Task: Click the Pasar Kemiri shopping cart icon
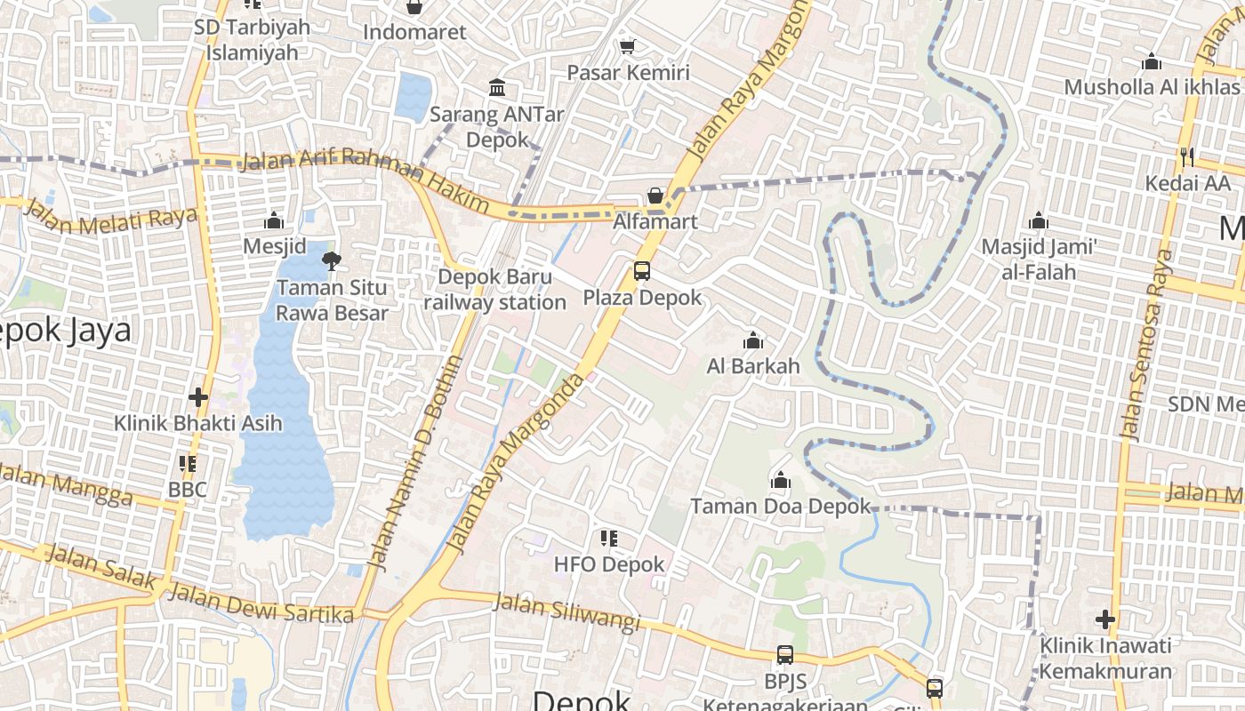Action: [628, 46]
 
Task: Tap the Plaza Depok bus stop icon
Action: [641, 271]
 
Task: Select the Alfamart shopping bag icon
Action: [655, 196]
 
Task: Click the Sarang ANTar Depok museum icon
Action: [497, 88]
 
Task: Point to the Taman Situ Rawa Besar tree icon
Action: [332, 260]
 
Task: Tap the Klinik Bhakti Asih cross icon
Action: [198, 396]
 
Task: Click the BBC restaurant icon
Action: [188, 463]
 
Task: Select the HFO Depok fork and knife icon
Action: [609, 538]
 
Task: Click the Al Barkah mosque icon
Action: [753, 340]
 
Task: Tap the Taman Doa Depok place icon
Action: [781, 481]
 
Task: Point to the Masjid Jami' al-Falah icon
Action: [1039, 221]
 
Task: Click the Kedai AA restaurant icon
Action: [1187, 157]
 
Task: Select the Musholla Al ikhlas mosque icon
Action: [1152, 62]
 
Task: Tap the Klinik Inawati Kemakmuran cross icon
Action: [1105, 619]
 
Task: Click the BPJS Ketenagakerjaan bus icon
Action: [784, 655]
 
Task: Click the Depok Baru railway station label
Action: [494, 290]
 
